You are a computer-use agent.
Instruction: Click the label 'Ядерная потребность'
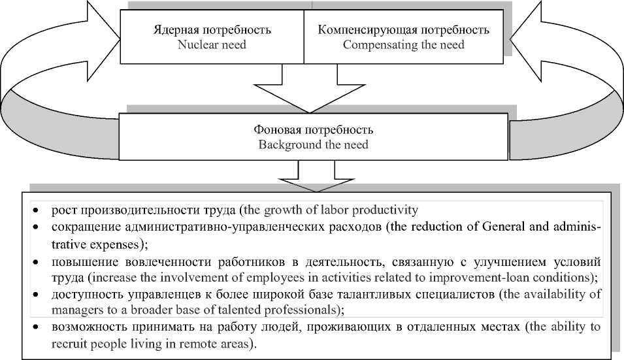tap(212, 31)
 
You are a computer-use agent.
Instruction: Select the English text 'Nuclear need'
tap(212, 45)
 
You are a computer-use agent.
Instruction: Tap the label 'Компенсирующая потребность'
tap(403, 31)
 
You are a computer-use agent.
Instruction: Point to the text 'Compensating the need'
tap(403, 45)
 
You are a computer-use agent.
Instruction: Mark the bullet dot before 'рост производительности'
tap(37, 211)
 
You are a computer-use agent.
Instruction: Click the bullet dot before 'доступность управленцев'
tap(37, 295)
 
